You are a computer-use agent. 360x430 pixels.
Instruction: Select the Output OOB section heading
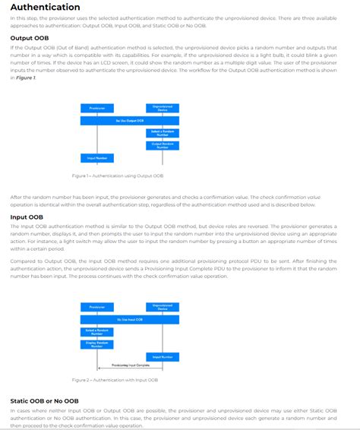coord(30,37)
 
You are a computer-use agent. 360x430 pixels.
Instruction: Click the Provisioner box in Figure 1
coord(96,109)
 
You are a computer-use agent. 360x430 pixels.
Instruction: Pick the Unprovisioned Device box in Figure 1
coord(162,109)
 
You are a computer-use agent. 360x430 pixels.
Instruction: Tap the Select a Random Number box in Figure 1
coord(162,133)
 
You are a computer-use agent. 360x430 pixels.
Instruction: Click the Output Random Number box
coord(162,145)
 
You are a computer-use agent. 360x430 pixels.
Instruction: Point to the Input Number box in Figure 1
coord(96,158)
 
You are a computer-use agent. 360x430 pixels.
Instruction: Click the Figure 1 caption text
coord(118,175)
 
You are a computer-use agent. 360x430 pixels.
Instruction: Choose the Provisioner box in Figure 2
coord(96,308)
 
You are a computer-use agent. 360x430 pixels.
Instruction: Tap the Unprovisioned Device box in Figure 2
coord(162,308)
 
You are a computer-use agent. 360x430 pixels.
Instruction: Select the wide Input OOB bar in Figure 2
coord(130,320)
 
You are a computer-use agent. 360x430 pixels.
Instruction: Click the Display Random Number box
coord(96,344)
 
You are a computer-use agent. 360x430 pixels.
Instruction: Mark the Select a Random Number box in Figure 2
coord(96,332)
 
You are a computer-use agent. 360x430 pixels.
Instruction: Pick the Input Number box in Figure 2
coord(162,356)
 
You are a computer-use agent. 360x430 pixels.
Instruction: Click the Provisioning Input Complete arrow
coord(129,366)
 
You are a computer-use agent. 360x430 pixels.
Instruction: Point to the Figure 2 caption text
coord(115,380)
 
